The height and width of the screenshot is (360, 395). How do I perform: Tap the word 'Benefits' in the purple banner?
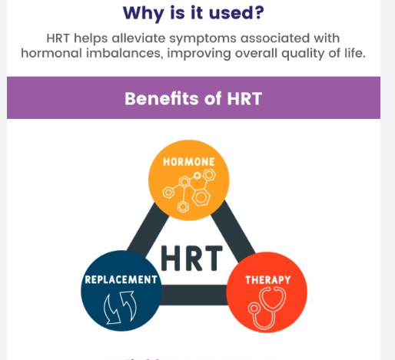(x=156, y=98)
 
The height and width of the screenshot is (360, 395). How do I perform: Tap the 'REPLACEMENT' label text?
(x=121, y=279)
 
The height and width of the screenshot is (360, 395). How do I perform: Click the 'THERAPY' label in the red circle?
(x=267, y=279)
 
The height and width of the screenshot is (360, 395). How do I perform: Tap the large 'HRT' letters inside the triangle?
(x=193, y=258)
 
